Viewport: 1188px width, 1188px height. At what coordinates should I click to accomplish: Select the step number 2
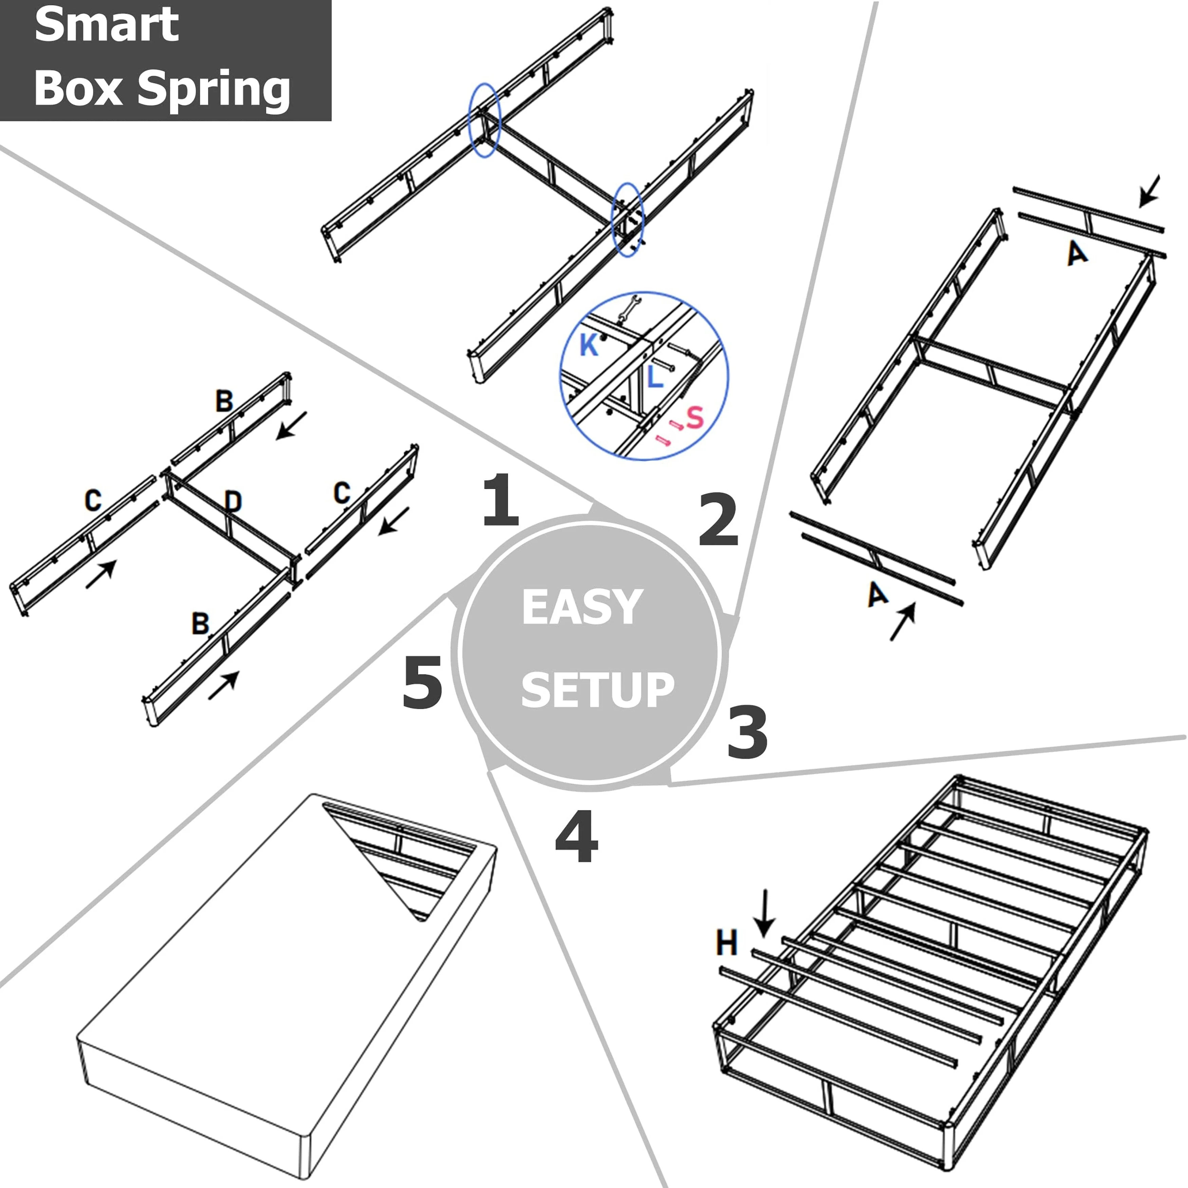pos(718,521)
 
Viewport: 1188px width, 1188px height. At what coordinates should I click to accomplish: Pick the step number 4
pos(576,837)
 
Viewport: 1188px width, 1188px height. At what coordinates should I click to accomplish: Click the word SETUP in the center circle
pos(597,690)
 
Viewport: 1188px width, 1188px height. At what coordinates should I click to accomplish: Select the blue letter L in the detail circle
pos(655,376)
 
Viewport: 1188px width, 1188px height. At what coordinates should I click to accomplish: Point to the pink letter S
pos(694,417)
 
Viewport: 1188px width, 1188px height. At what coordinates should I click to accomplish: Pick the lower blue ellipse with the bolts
pos(628,220)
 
